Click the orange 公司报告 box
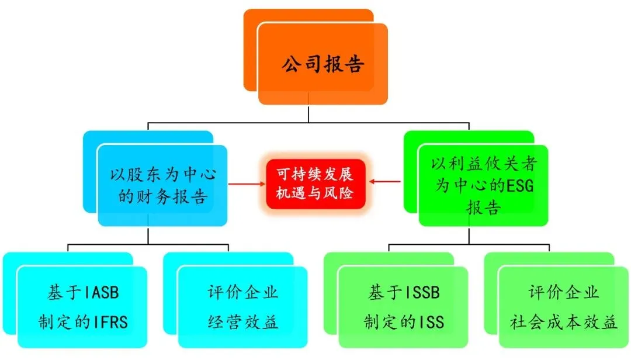tap(323, 64)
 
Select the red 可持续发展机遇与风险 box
tap(315, 183)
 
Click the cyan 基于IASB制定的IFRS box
tap(82, 307)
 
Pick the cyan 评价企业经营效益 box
tap(242, 307)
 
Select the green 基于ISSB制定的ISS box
tap(403, 307)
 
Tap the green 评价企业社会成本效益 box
tap(564, 307)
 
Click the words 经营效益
tap(242, 322)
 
